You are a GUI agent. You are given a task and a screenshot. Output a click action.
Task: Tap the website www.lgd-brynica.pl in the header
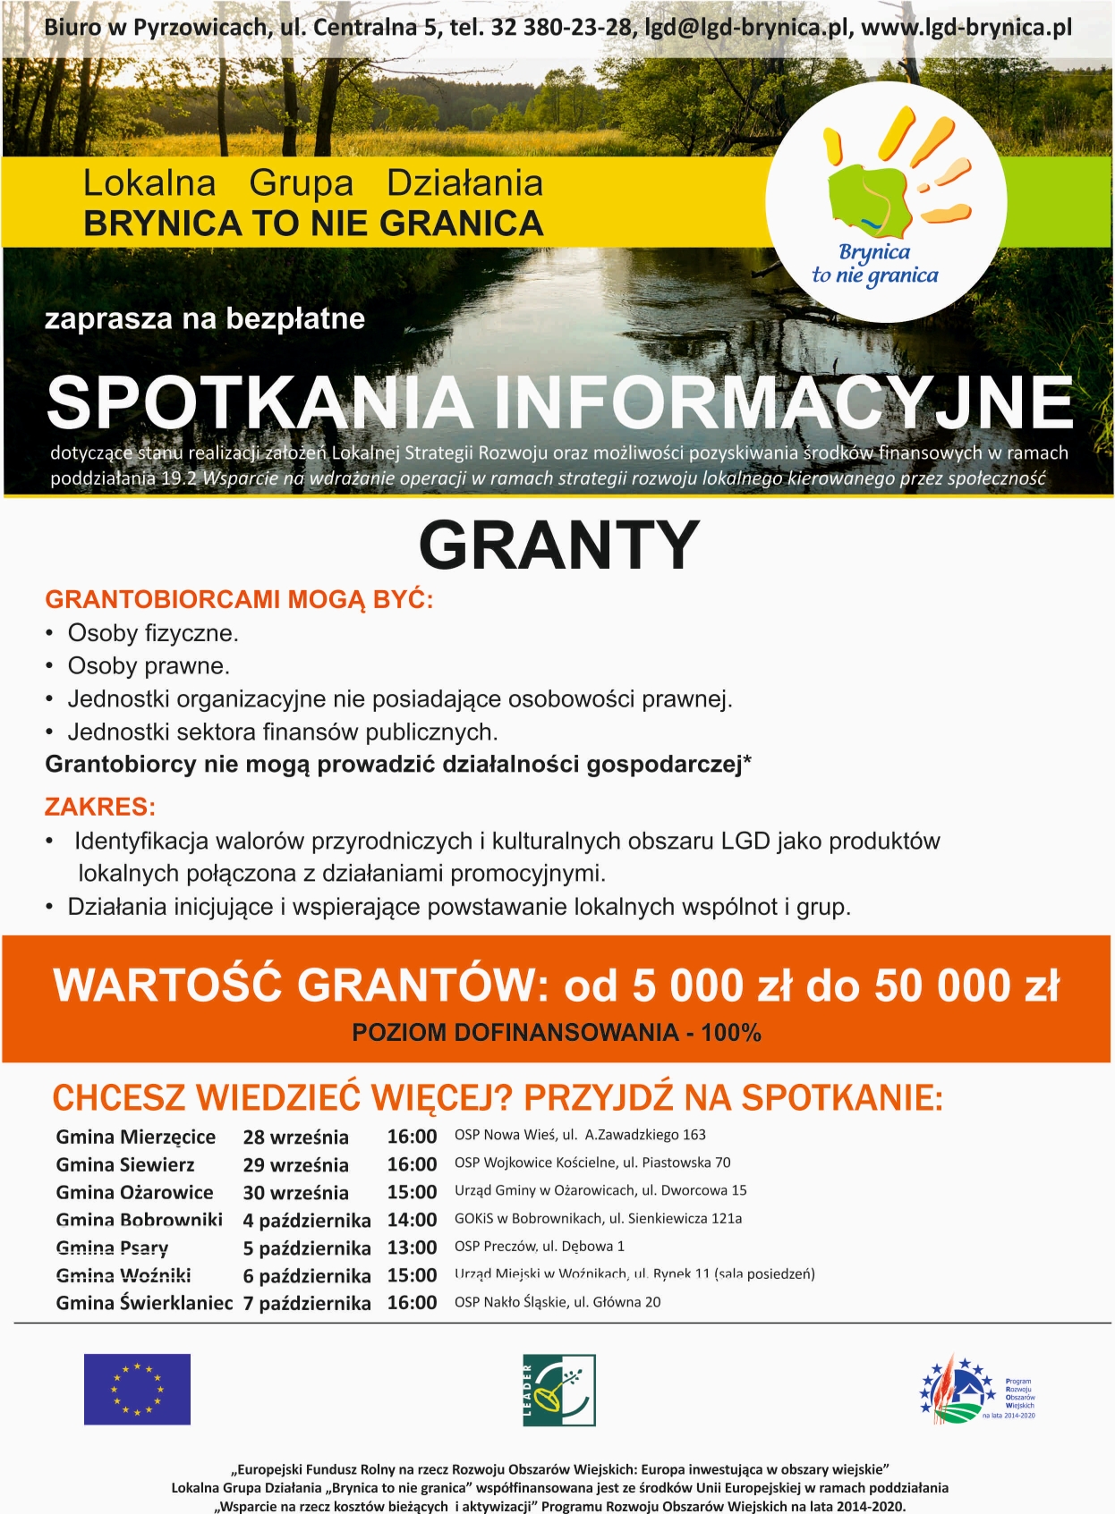click(x=966, y=28)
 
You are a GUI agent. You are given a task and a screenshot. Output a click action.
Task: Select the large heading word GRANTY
click(x=558, y=545)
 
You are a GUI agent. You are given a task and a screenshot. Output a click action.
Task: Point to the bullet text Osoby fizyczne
click(x=153, y=633)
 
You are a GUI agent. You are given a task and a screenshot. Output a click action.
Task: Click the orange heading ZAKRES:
click(x=100, y=807)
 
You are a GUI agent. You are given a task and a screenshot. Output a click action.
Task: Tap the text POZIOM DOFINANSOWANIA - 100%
click(x=557, y=1033)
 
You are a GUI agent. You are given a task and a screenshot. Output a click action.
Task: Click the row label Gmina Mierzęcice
click(x=136, y=1137)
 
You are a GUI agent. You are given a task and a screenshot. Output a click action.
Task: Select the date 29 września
click(x=296, y=1164)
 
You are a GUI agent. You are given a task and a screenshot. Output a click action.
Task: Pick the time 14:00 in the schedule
click(x=412, y=1220)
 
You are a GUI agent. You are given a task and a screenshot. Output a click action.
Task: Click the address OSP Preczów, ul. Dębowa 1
click(x=540, y=1247)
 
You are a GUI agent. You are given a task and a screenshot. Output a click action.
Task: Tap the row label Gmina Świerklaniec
click(x=144, y=1303)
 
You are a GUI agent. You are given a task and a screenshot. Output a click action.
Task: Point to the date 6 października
click(x=307, y=1276)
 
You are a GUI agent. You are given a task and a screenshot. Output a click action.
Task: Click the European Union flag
click(x=137, y=1389)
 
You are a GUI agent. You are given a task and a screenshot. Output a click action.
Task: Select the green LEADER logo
click(x=559, y=1390)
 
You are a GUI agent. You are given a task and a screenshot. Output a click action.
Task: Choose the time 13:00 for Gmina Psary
click(x=412, y=1248)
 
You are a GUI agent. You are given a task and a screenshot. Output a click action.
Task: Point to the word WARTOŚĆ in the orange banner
click(x=168, y=985)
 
